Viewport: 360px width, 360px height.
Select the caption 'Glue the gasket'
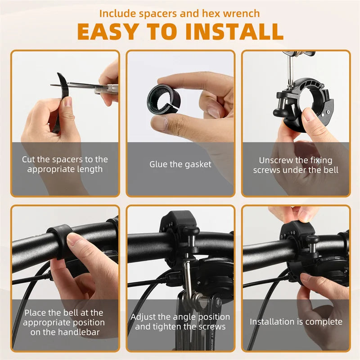point(180,165)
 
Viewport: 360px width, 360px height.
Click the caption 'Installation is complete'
point(296,322)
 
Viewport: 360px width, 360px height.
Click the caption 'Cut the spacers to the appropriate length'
point(65,164)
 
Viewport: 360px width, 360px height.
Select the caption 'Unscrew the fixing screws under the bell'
point(296,165)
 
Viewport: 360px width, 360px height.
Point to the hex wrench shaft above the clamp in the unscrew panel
point(290,67)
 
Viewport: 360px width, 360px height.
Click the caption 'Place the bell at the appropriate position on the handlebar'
point(64,323)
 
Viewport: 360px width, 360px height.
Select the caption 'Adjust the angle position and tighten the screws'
point(180,322)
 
